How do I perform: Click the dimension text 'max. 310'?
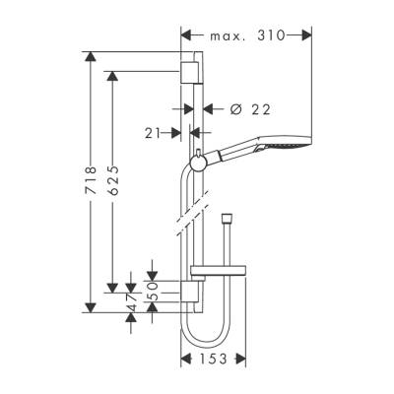[x=246, y=35]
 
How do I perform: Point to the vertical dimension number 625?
[x=115, y=182]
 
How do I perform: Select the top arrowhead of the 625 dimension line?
[x=115, y=74]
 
